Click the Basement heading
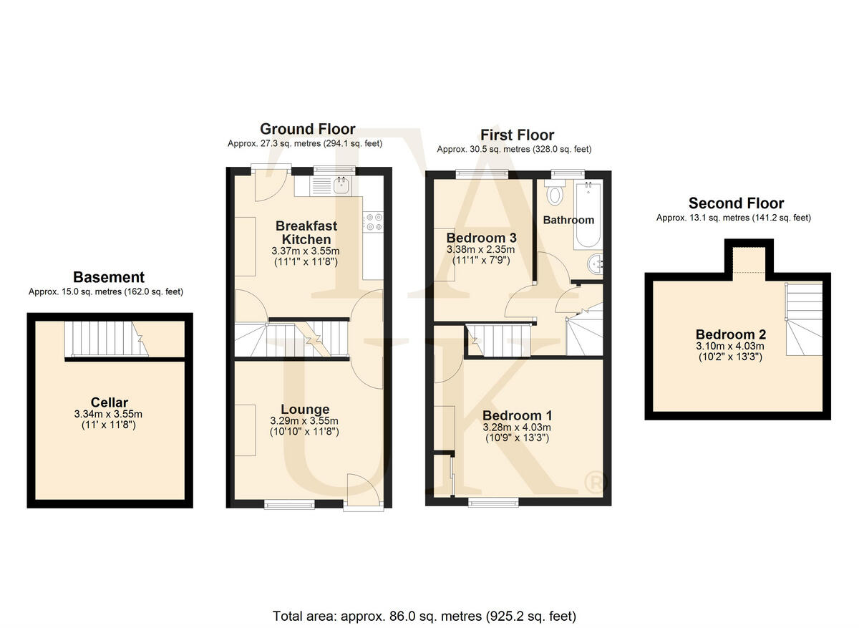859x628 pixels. (109, 277)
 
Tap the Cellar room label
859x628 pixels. (110, 402)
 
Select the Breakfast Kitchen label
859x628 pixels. (306, 233)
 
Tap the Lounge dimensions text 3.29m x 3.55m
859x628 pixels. (304, 421)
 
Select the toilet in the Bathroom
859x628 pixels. (554, 193)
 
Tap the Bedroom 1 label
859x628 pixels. (517, 415)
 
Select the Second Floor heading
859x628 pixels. (736, 203)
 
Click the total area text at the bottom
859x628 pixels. (424, 615)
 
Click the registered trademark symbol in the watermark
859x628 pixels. (593, 483)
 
